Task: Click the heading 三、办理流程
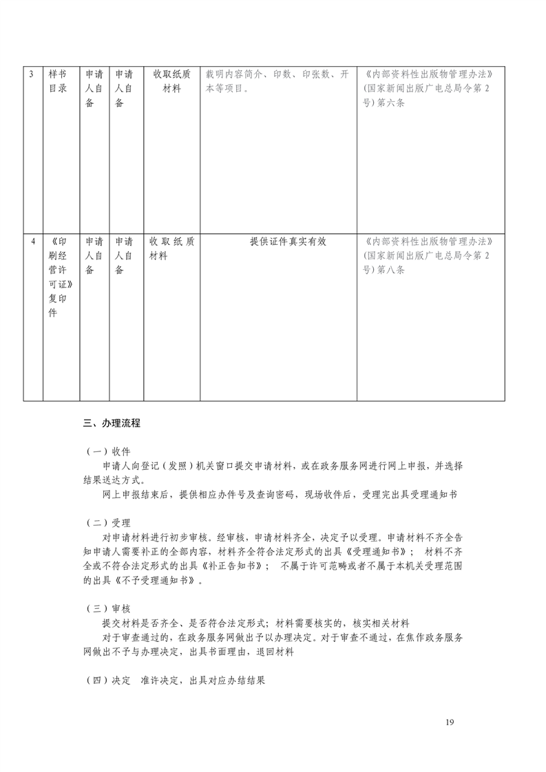coord(112,423)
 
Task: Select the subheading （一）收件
coord(107,451)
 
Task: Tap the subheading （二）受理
coord(107,523)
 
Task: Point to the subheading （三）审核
coord(107,609)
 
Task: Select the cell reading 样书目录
coord(59,81)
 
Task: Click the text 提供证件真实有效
coord(278,242)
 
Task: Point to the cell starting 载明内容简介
coord(277,81)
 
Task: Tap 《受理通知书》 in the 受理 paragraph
coord(379,552)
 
